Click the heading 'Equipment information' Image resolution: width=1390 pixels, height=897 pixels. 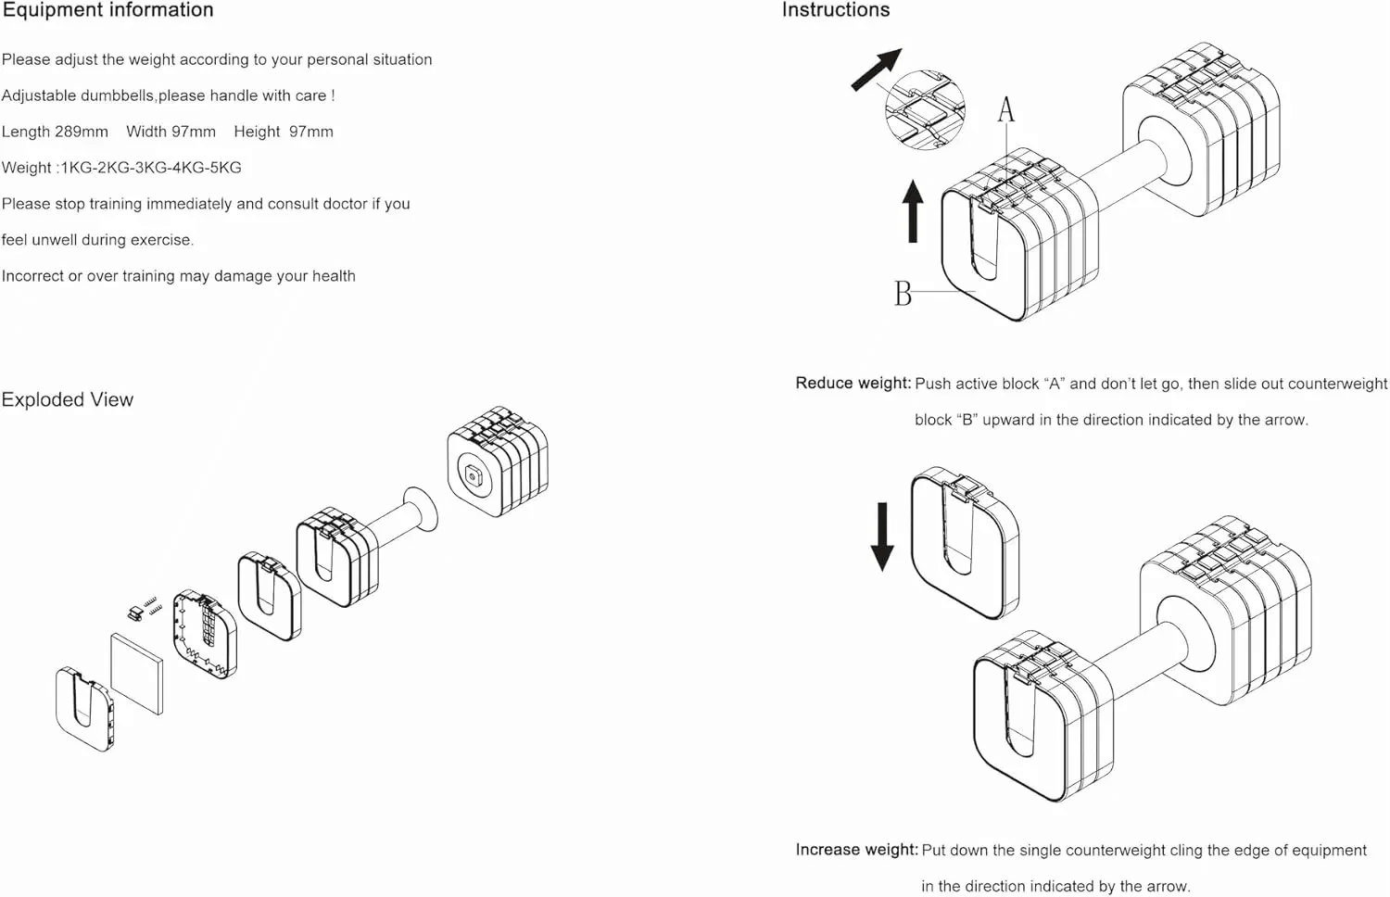107,10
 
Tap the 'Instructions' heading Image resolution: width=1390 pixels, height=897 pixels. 835,10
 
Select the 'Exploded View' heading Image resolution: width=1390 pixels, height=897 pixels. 68,399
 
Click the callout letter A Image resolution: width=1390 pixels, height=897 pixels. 1005,110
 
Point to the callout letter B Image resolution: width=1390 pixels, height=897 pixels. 903,294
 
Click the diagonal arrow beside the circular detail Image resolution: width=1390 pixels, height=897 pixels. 876,69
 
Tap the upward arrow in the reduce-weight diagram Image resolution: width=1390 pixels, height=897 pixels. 913,211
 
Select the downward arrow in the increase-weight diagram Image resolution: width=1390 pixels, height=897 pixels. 882,536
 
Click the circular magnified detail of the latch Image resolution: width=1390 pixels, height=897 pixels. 925,110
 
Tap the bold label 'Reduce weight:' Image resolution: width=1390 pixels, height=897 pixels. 853,384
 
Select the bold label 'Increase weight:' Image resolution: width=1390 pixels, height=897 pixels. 856,850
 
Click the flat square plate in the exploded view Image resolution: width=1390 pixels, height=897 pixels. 136,673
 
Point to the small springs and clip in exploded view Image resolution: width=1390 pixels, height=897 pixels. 145,609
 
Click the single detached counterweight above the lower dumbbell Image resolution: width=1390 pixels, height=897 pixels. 964,542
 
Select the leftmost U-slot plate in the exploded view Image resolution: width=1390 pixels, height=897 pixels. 84,708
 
